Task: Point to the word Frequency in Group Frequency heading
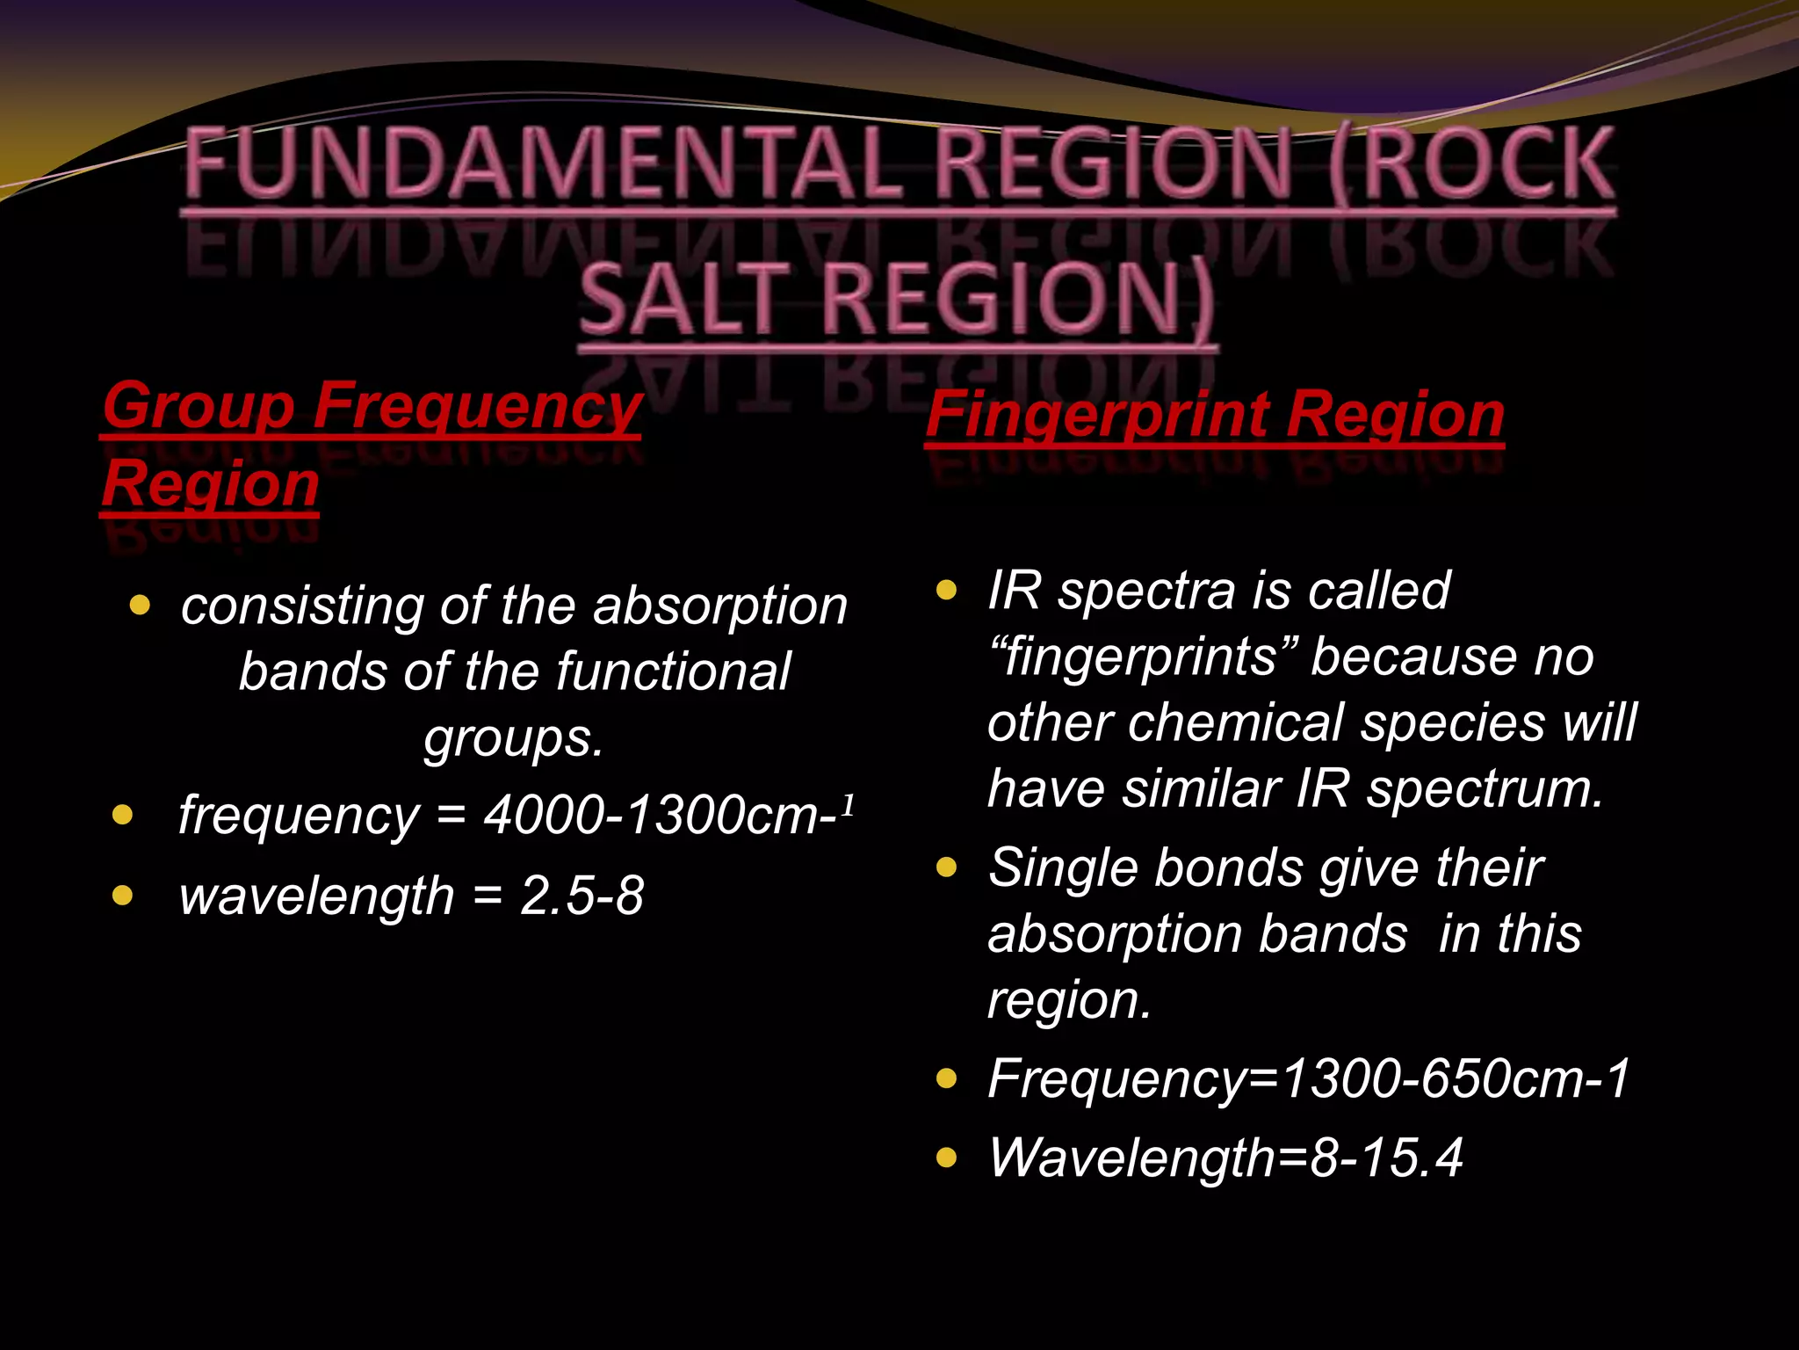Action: (478, 406)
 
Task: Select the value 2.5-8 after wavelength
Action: (582, 896)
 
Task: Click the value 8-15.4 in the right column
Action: (1386, 1158)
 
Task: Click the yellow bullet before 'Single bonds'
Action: (946, 868)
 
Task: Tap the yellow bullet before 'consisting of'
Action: (140, 605)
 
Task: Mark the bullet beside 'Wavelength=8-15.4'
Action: (946, 1158)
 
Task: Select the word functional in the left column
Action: (673, 672)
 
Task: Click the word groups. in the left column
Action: (514, 738)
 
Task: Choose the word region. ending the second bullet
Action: (1068, 1000)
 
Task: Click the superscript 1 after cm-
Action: (848, 803)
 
